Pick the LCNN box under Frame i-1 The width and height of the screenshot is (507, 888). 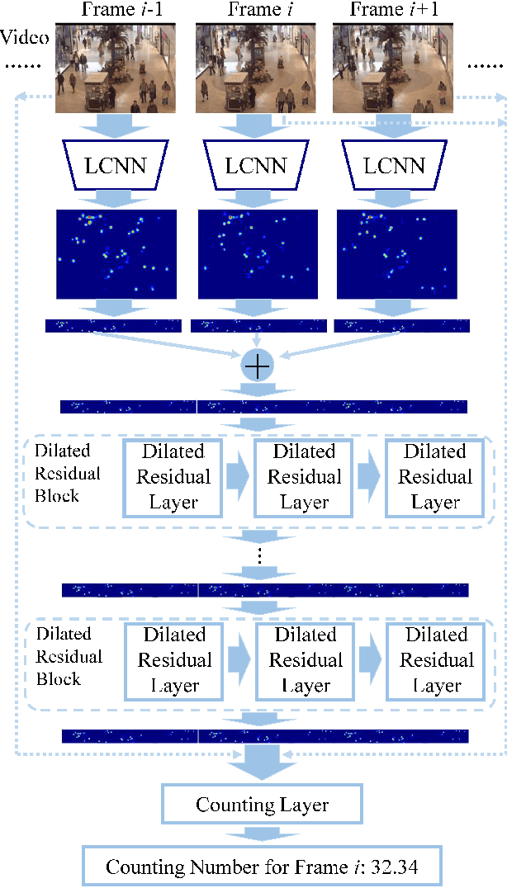[x=115, y=166]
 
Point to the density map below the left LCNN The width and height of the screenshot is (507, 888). [x=116, y=254]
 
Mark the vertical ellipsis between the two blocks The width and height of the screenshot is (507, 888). [x=259, y=555]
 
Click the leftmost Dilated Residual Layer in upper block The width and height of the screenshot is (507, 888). [x=173, y=478]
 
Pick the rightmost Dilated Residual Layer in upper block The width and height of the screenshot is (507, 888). [x=435, y=478]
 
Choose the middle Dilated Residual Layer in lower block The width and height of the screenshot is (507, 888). [x=305, y=661]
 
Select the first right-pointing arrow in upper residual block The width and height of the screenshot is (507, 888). [x=237, y=478]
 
